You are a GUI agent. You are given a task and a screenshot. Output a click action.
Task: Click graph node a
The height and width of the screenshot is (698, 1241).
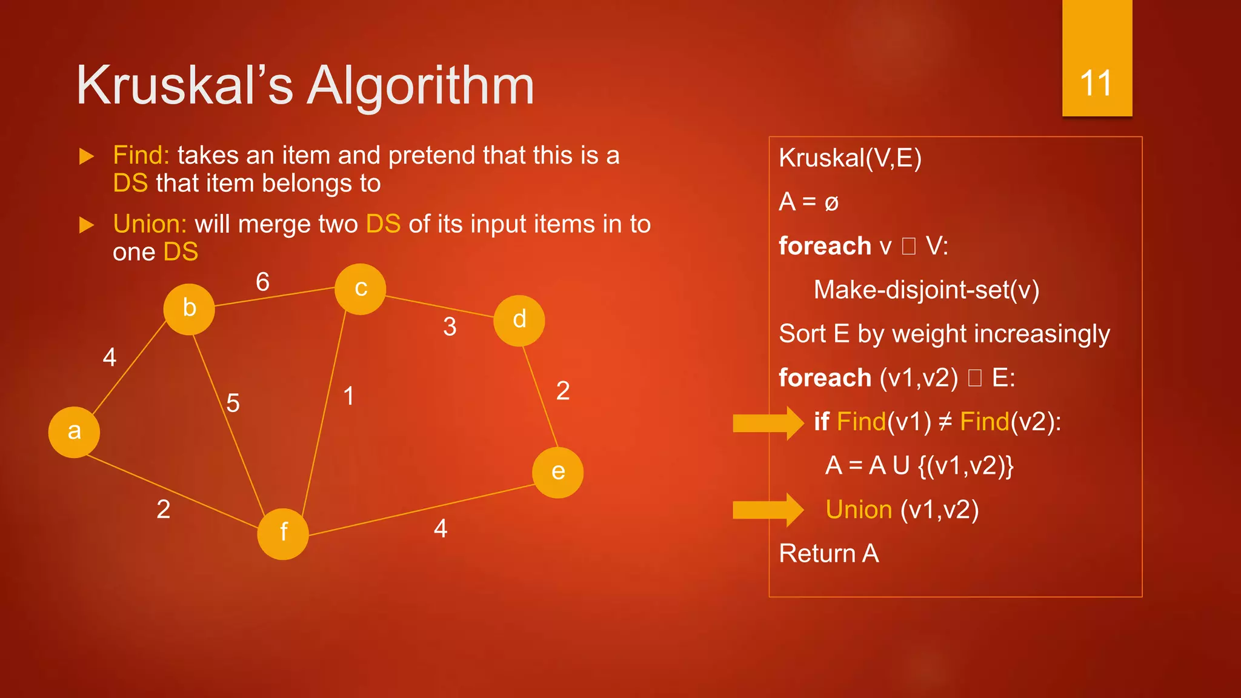tap(74, 432)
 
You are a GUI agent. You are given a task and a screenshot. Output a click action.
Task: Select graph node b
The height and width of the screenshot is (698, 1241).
tap(189, 309)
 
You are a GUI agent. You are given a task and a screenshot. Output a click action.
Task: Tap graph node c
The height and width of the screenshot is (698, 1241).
tap(361, 289)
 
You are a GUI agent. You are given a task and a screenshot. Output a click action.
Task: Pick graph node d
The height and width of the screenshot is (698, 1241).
tap(519, 321)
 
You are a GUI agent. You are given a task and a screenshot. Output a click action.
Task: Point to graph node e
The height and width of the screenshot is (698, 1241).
tap(557, 473)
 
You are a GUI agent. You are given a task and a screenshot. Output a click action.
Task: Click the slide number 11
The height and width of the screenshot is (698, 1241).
tap(1096, 84)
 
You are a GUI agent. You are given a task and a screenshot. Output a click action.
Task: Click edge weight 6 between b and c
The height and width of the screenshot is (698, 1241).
tap(262, 282)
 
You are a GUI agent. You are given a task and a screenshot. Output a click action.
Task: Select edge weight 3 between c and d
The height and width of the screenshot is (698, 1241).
tap(450, 327)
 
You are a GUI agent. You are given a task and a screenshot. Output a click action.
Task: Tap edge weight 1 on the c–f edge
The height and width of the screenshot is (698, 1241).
tap(348, 396)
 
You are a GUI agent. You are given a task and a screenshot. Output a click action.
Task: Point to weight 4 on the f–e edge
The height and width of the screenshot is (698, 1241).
tap(441, 529)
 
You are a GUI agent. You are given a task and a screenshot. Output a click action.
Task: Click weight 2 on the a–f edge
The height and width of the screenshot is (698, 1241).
tap(163, 510)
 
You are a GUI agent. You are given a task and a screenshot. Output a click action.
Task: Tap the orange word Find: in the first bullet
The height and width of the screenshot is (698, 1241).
tap(141, 156)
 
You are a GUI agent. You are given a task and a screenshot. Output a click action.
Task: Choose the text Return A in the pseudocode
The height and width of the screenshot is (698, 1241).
tap(828, 554)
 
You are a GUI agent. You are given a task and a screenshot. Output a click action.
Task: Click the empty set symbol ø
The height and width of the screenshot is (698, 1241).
tap(831, 203)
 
